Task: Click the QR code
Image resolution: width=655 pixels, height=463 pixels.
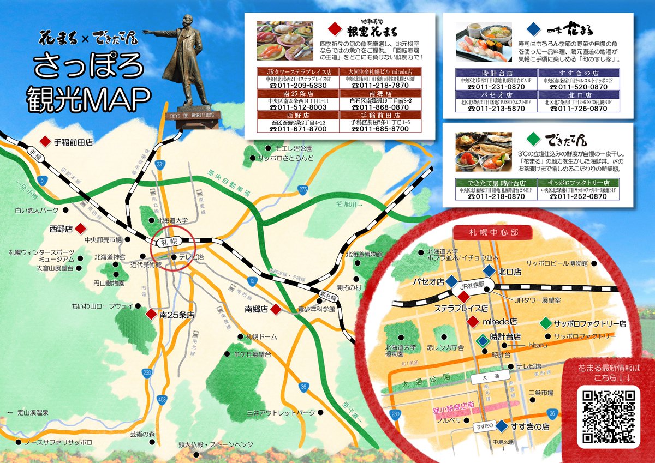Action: point(610,416)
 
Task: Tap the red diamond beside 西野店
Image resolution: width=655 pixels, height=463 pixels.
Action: point(80,228)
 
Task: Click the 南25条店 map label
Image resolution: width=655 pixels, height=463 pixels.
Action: point(177,315)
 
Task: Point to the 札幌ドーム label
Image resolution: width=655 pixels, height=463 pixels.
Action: point(261,337)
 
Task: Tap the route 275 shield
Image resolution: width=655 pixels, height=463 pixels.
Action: point(303,189)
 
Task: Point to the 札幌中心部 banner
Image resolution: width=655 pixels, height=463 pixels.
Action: point(493,232)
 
